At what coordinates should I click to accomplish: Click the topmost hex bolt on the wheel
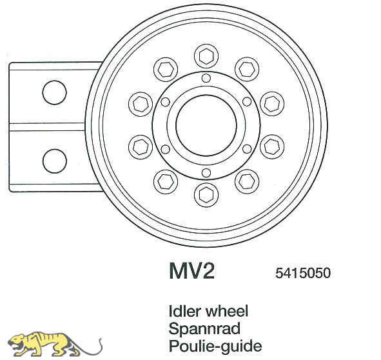tap(206, 56)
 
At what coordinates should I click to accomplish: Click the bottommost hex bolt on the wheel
tap(206, 195)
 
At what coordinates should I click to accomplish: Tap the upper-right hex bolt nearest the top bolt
tap(247, 69)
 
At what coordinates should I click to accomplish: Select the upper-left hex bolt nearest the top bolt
tap(166, 69)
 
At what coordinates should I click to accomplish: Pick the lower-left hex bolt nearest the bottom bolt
tap(166, 182)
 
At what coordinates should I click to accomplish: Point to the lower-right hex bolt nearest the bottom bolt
tap(247, 182)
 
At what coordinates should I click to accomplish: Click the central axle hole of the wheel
tap(206, 125)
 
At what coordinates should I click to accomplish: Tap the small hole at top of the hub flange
tap(206, 78)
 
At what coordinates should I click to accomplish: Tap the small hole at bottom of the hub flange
tap(206, 173)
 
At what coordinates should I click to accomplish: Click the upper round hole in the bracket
tap(54, 92)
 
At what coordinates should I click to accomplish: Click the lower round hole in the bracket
tap(55, 161)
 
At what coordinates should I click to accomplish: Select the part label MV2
tap(192, 271)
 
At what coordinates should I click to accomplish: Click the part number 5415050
tap(303, 273)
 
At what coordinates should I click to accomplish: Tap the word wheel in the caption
tap(227, 311)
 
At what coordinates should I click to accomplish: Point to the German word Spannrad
tap(204, 328)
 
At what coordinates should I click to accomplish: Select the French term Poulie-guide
tap(215, 346)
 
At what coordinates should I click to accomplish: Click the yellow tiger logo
tap(55, 344)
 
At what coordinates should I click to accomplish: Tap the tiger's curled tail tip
tap(100, 339)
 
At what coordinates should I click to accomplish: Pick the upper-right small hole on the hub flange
tap(247, 102)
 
